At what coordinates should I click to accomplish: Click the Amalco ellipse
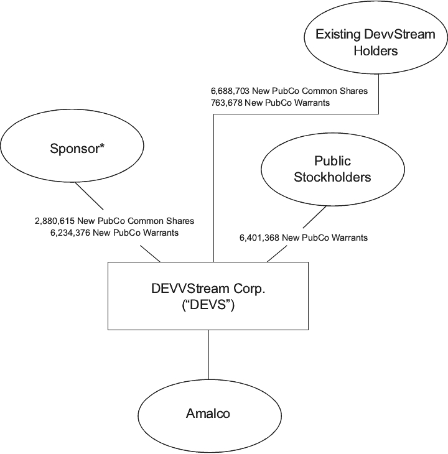point(208,413)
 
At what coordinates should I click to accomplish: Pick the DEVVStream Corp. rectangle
point(208,295)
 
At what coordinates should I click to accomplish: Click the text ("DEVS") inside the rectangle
point(208,305)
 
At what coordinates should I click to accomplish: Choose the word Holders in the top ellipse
point(375,50)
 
